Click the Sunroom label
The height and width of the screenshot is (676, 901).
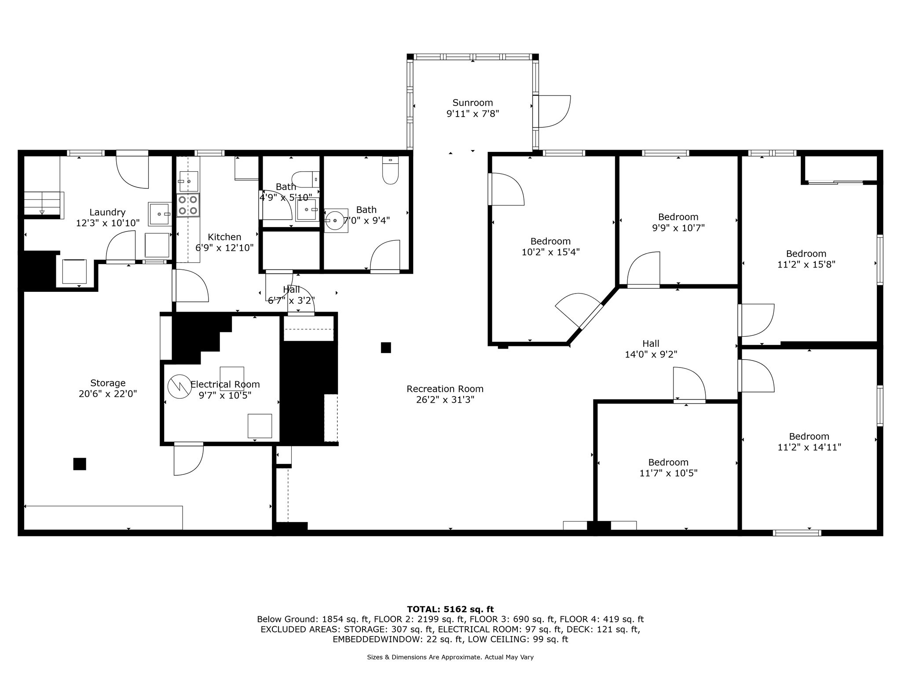472,103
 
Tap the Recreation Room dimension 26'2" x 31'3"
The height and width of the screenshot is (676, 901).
445,400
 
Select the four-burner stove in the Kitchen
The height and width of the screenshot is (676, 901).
188,205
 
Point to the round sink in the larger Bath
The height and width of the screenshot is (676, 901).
335,220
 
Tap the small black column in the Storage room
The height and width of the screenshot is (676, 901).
80,464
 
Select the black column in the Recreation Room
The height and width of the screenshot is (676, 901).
386,348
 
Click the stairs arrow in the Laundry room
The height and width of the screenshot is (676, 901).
42,212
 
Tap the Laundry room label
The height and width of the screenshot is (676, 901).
107,213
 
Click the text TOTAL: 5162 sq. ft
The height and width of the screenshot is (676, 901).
450,609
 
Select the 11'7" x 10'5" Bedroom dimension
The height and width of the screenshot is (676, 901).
668,474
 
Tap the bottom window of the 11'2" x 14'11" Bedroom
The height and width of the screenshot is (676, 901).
797,533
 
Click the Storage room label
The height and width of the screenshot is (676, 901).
108,383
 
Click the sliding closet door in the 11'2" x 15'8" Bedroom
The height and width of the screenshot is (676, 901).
836,182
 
